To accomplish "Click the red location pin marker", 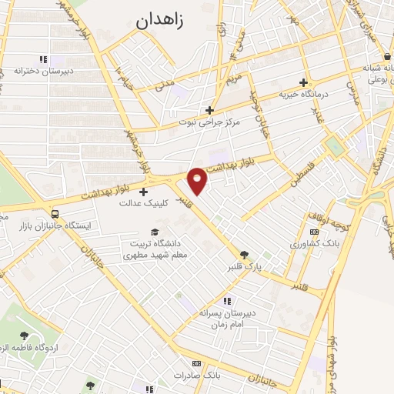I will [x=198, y=180].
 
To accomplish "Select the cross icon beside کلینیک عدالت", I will [x=144, y=191].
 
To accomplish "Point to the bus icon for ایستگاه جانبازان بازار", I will [x=55, y=214].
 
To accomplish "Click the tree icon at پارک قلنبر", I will [x=245, y=255].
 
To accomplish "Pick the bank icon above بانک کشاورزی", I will [x=313, y=231].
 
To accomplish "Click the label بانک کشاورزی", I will [x=315, y=243].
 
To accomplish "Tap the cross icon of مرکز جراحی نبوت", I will [x=209, y=110].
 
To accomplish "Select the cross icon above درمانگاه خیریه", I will [x=304, y=82].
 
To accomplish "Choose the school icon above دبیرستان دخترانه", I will [x=43, y=59].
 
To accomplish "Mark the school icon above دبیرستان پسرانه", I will [x=227, y=301].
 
